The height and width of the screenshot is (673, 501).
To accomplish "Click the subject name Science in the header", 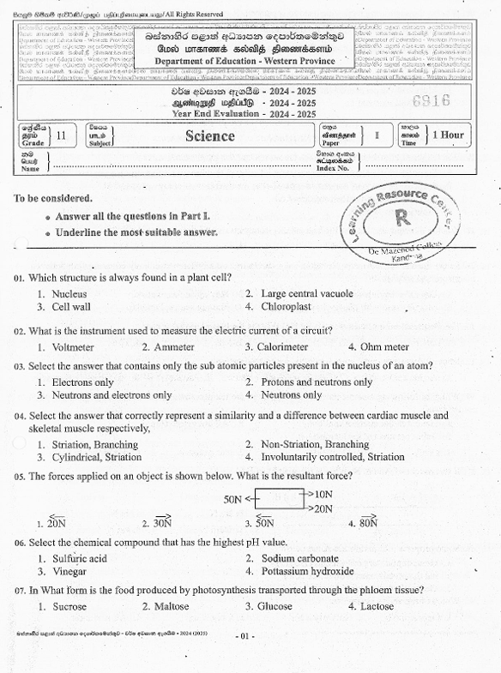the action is [209, 136].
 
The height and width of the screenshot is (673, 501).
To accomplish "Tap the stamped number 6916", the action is [431, 101].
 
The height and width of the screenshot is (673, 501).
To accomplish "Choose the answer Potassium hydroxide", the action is [307, 571].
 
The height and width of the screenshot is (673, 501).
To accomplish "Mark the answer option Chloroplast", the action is [286, 306].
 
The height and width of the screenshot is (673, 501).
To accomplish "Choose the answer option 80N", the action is [368, 522].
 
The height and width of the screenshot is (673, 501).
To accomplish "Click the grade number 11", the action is [60, 135].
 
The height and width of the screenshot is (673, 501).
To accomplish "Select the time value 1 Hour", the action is [449, 135].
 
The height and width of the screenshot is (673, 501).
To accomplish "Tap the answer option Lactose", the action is [377, 606].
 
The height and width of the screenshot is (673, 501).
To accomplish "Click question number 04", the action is [19, 416].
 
